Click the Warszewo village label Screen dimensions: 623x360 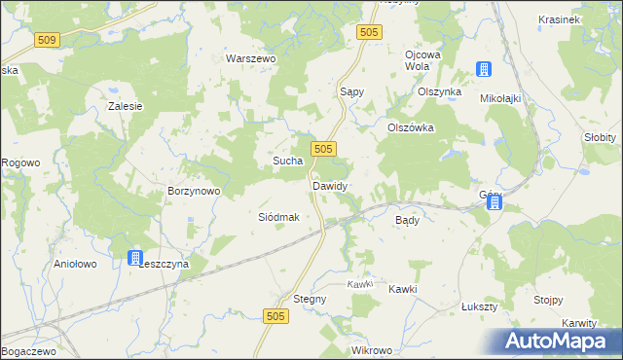tap(251, 58)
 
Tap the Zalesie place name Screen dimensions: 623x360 tap(126, 106)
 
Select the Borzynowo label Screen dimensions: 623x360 tap(195, 192)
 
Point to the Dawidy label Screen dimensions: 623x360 tap(330, 185)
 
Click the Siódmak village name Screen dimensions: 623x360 tap(277, 217)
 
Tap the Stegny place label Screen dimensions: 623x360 tap(310, 299)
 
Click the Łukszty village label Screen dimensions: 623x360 tap(479, 306)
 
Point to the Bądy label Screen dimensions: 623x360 tap(407, 221)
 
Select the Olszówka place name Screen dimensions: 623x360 tap(410, 127)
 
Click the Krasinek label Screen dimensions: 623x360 tap(559, 19)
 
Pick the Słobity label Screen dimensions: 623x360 tap(600, 137)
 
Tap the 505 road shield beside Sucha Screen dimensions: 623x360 tap(325, 148)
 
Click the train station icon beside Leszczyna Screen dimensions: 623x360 tap(134, 258)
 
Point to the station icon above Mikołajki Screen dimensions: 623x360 tap(482, 69)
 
